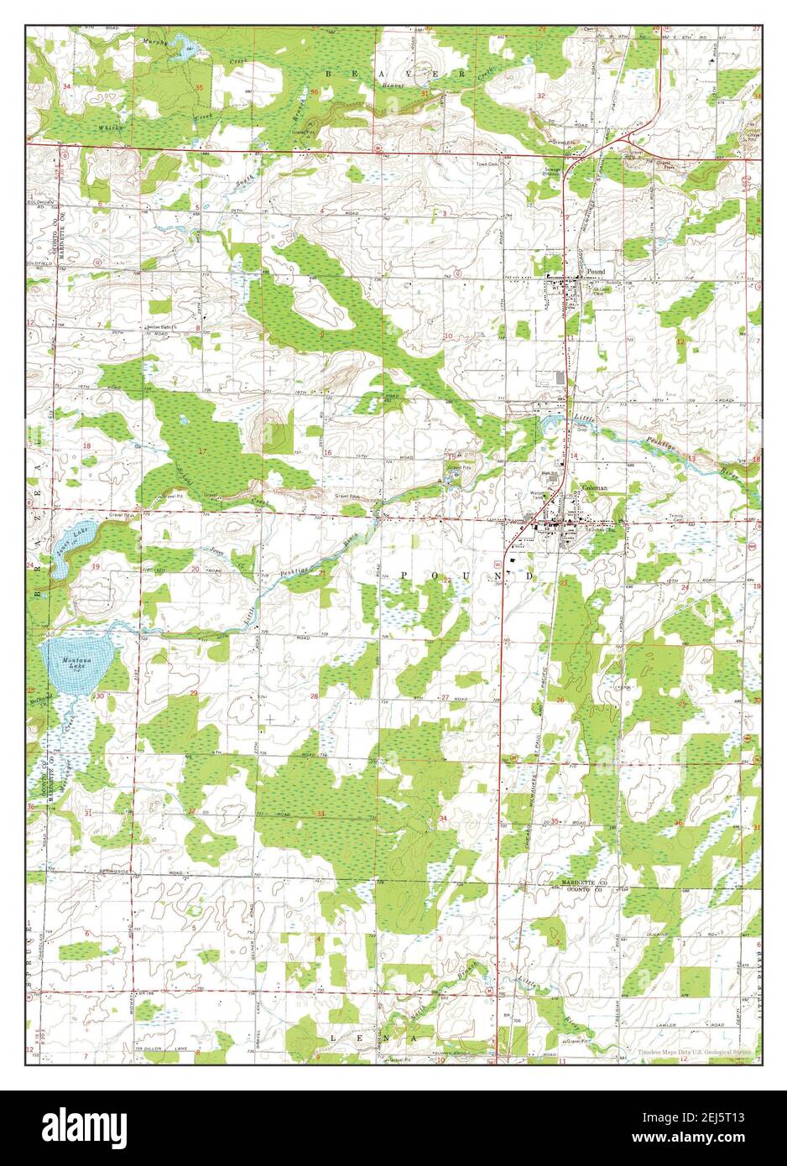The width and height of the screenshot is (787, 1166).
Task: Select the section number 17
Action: click(x=201, y=453)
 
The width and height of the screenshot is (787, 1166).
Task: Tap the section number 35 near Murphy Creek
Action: click(x=199, y=88)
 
